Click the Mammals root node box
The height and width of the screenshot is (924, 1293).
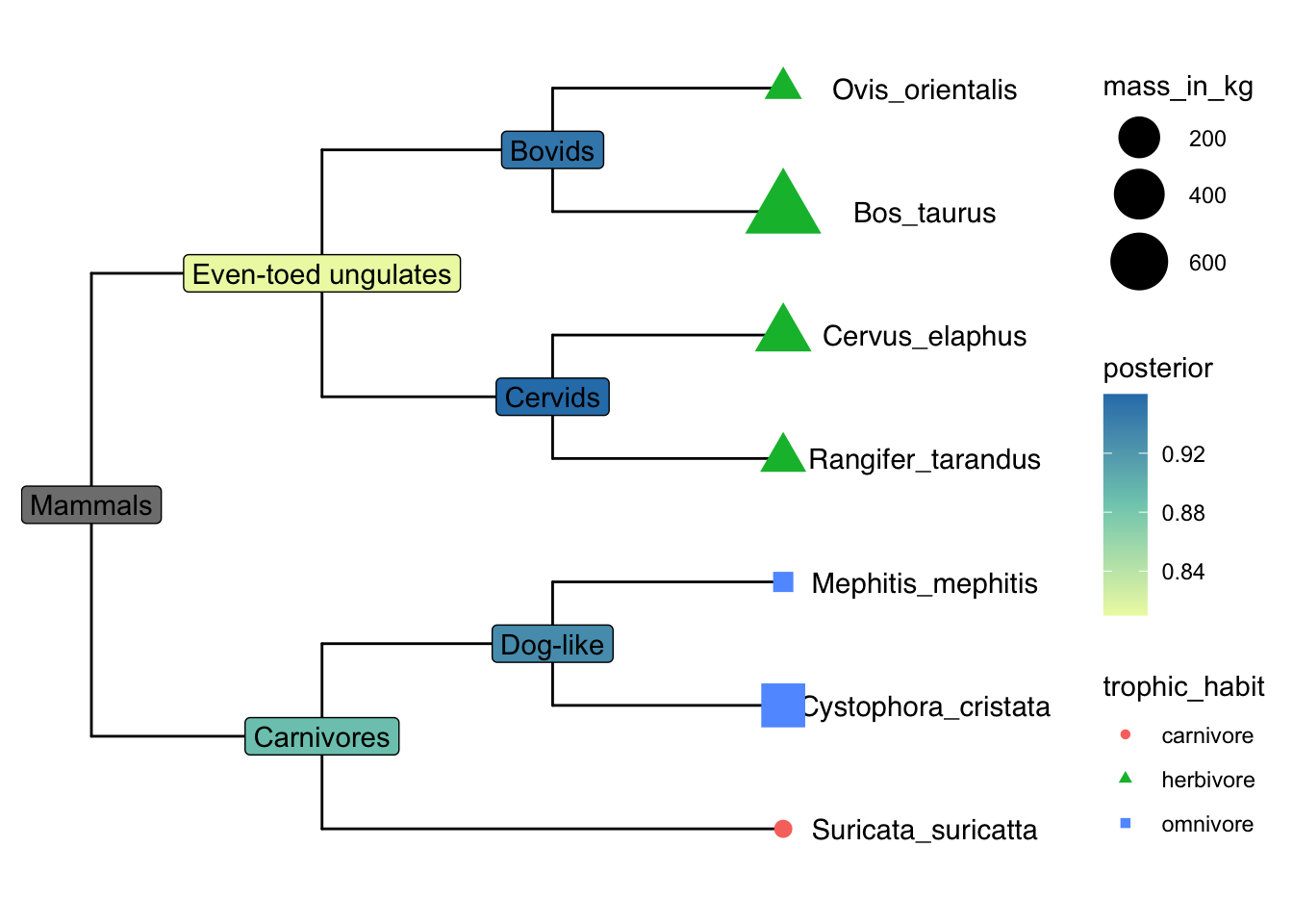click(91, 505)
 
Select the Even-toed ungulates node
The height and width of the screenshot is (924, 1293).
click(321, 274)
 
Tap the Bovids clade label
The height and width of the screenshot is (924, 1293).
click(552, 151)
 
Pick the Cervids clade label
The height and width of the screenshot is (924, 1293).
click(552, 398)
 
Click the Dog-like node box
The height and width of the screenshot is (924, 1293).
click(552, 645)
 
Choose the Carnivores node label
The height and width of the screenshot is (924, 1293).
click(321, 737)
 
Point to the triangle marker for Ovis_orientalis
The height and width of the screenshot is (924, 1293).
click(783, 87)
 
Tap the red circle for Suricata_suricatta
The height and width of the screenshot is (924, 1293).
click(783, 829)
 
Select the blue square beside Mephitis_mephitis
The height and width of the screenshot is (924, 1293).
click(783, 582)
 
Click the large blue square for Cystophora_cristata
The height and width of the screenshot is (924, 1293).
click(783, 706)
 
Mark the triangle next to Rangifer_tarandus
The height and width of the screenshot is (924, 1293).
click(783, 455)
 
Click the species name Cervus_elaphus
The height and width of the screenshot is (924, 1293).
click(925, 336)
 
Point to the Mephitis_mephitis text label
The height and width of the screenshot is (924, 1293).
click(925, 583)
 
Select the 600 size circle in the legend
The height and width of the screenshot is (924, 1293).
click(1139, 262)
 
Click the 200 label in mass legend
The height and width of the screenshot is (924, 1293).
click(1207, 139)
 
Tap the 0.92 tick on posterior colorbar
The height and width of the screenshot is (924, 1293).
click(1183, 454)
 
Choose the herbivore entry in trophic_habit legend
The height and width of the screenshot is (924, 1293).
click(1207, 780)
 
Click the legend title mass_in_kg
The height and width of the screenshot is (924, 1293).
click(1178, 87)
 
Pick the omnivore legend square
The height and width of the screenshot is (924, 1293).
click(1126, 824)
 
